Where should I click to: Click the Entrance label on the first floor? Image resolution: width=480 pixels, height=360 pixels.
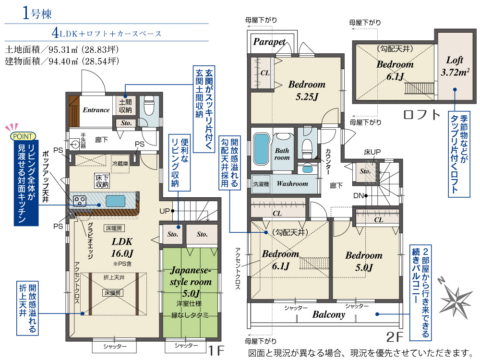(x=96, y=110)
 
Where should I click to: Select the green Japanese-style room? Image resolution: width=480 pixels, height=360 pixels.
(x=190, y=292)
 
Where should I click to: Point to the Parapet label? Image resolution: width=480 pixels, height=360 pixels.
(x=269, y=42)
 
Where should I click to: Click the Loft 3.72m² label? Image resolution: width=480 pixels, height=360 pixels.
(x=455, y=66)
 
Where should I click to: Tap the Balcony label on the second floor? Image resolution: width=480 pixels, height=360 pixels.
(x=328, y=314)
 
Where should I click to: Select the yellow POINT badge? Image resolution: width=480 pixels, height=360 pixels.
(x=23, y=136)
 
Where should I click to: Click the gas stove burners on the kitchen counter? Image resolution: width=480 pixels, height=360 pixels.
(x=80, y=201)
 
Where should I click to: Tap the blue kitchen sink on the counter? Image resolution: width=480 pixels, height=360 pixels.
(x=115, y=201)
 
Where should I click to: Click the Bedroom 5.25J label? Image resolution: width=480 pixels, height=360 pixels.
(x=307, y=90)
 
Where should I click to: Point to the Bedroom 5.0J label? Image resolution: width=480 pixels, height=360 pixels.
(x=364, y=261)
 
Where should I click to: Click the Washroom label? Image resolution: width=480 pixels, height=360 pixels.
(x=292, y=184)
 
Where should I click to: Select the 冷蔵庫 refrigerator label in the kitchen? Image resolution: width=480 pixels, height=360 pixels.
(x=120, y=164)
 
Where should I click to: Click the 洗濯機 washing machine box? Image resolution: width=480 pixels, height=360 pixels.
(x=261, y=184)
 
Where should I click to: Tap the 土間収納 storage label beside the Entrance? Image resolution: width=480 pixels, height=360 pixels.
(x=125, y=106)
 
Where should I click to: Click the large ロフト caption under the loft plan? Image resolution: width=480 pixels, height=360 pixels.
(x=421, y=115)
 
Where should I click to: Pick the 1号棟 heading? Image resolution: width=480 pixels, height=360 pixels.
(x=37, y=13)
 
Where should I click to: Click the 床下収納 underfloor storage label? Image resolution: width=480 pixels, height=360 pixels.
(x=102, y=181)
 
